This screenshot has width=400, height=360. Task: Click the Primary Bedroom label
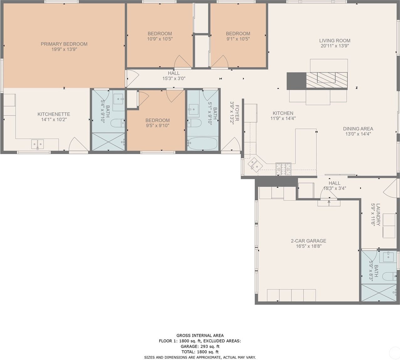click(x=64, y=44)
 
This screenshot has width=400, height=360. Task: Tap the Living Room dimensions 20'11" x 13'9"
click(x=335, y=46)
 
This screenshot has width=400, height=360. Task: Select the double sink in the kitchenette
click(x=38, y=144)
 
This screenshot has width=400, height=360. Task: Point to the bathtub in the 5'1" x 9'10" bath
click(x=202, y=143)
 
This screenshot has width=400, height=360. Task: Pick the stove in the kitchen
click(x=283, y=169)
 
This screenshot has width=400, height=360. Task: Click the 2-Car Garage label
click(x=308, y=241)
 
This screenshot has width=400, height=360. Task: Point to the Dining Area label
click(x=358, y=129)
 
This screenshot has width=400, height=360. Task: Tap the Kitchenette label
click(x=54, y=114)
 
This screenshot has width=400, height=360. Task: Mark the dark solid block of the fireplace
click(x=296, y=81)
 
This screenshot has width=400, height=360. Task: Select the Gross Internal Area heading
click(x=200, y=336)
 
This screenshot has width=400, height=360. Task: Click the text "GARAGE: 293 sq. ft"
click(x=200, y=347)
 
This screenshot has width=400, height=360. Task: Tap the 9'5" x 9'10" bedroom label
click(x=158, y=121)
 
